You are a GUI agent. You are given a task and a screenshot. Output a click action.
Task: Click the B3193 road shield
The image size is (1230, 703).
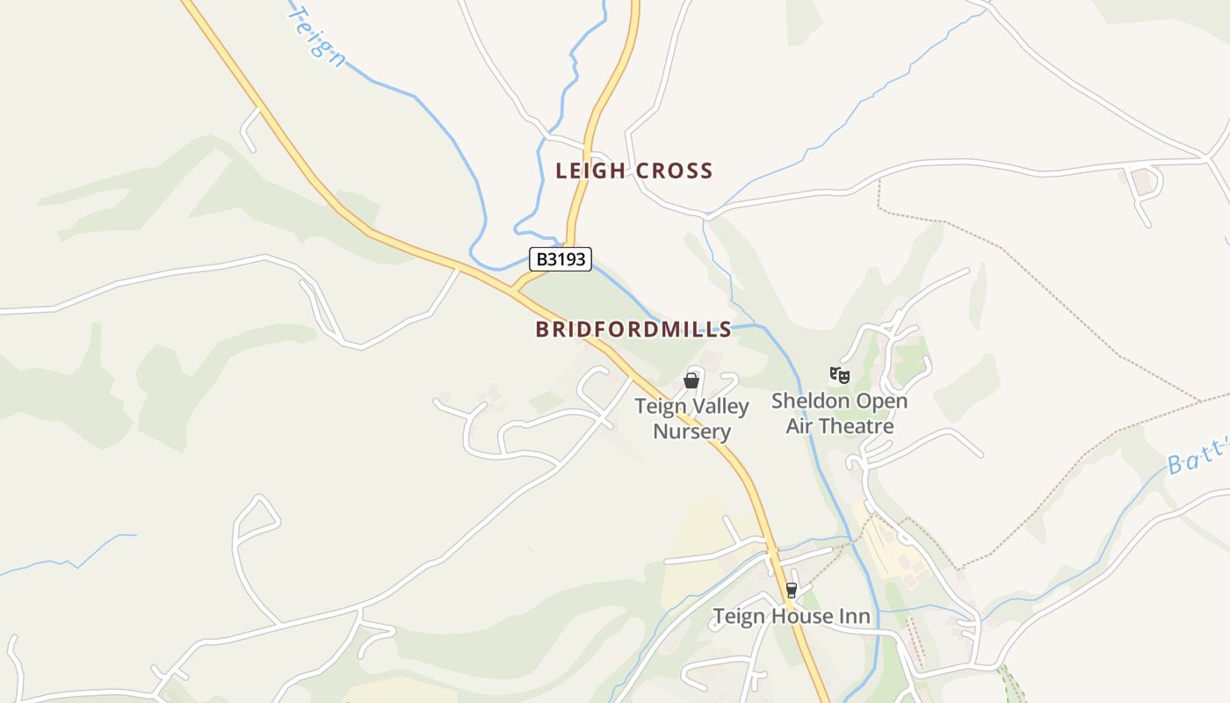561,259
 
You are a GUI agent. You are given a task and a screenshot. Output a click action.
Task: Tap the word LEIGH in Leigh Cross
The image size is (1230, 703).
590,170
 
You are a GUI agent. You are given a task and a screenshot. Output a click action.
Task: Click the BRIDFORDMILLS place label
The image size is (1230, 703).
633,330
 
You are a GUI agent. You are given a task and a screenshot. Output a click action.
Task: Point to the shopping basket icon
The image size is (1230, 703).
691,380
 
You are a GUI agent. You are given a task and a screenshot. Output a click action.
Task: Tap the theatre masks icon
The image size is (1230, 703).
840,376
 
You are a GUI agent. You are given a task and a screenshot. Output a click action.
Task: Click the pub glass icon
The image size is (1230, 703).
792,591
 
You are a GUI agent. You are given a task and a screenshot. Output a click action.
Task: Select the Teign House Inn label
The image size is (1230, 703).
792,616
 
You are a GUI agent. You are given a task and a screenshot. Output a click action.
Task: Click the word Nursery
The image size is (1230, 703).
692,431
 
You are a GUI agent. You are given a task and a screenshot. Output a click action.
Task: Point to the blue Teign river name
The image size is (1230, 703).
316,35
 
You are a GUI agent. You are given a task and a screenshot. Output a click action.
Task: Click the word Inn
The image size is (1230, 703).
854,616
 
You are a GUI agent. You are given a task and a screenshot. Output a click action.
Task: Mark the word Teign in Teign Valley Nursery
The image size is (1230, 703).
658,407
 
